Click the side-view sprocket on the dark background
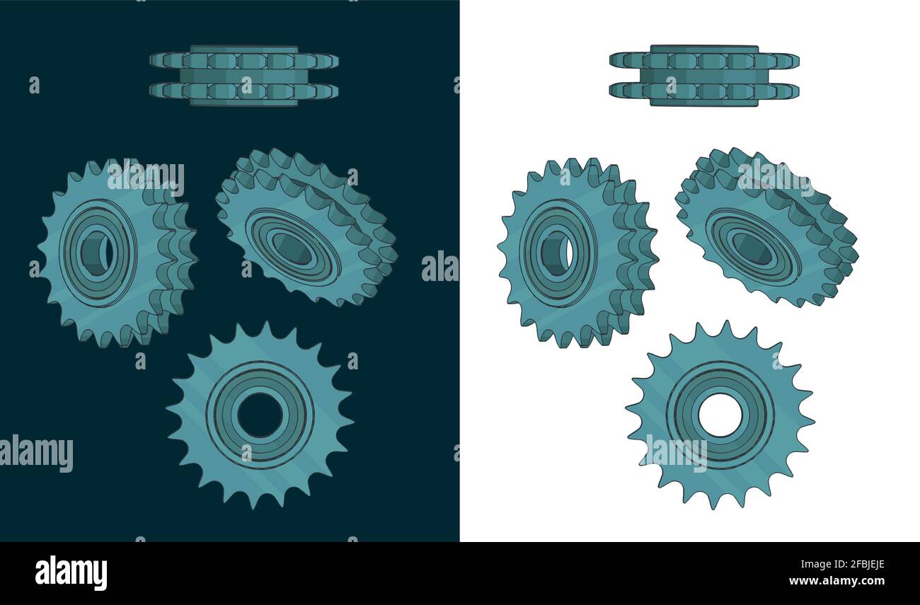click(x=243, y=76)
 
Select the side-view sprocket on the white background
click(x=703, y=76)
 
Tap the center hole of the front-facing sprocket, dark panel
click(x=260, y=415)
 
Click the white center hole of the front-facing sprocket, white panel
click(x=720, y=415)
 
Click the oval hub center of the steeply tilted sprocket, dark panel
click(x=292, y=248)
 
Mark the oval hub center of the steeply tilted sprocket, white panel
click(x=752, y=248)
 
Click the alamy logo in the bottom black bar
click(x=71, y=572)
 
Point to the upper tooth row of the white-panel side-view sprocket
click(x=703, y=61)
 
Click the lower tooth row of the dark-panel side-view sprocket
click(x=243, y=91)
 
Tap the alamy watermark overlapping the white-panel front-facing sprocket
click(x=677, y=453)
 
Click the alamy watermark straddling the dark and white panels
click(x=440, y=267)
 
